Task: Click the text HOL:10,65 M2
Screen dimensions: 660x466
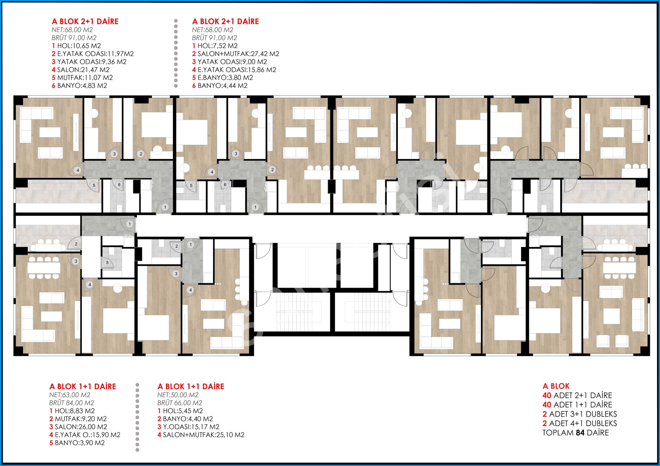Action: tap(79, 46)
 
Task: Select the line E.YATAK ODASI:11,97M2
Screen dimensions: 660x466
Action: tap(96, 54)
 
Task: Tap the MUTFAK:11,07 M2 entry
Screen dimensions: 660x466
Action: tap(85, 77)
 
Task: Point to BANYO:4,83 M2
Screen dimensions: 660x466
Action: tap(82, 85)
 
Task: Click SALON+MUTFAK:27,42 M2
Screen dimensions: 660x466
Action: tap(238, 54)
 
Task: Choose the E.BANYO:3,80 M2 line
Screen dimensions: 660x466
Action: tap(225, 77)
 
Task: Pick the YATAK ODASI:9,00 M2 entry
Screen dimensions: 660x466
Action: tap(232, 62)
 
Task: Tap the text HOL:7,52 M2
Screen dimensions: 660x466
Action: tap(218, 46)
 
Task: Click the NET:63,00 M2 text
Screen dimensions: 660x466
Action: tap(70, 395)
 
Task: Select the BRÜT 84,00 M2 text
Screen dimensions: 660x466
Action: tap(72, 403)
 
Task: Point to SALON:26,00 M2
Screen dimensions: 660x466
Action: tap(81, 427)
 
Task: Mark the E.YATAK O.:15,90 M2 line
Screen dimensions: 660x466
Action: tap(88, 435)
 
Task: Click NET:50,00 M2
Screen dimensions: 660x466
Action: tap(178, 395)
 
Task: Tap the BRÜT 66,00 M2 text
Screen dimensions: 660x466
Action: tap(180, 403)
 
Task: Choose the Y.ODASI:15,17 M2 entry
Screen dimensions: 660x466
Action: tap(191, 427)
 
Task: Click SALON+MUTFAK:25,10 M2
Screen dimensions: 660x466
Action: tap(204, 435)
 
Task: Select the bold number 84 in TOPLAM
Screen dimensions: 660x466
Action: tap(580, 433)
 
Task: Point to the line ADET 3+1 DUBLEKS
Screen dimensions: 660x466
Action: tap(583, 414)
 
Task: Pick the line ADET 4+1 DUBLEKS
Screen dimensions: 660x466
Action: tap(583, 424)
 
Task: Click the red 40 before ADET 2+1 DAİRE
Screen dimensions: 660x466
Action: tap(547, 396)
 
